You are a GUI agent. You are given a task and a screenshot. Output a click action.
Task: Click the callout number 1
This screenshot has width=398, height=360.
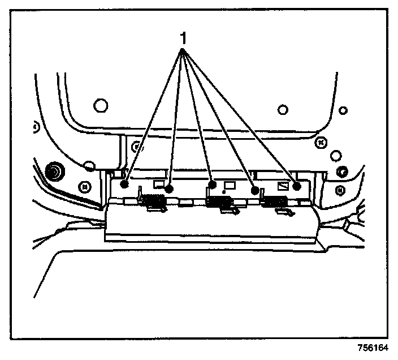point(183,38)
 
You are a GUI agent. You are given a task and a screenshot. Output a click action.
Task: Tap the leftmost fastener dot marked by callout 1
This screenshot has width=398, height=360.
point(124,183)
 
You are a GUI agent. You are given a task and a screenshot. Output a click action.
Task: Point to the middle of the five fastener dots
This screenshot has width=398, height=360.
point(213,185)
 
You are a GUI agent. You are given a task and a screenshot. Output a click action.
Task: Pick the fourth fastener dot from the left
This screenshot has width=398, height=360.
point(255,191)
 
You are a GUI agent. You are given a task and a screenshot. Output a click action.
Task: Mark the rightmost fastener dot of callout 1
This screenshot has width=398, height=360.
point(297,185)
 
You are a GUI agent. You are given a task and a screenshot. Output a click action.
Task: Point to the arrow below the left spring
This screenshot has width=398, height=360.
point(157,209)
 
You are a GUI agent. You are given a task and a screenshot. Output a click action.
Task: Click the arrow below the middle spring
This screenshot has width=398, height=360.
point(228,212)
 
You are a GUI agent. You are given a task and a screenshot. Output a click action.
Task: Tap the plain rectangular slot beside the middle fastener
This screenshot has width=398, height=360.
point(230,185)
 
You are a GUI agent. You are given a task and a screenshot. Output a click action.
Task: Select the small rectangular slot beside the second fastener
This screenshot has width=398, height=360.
point(159,183)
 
